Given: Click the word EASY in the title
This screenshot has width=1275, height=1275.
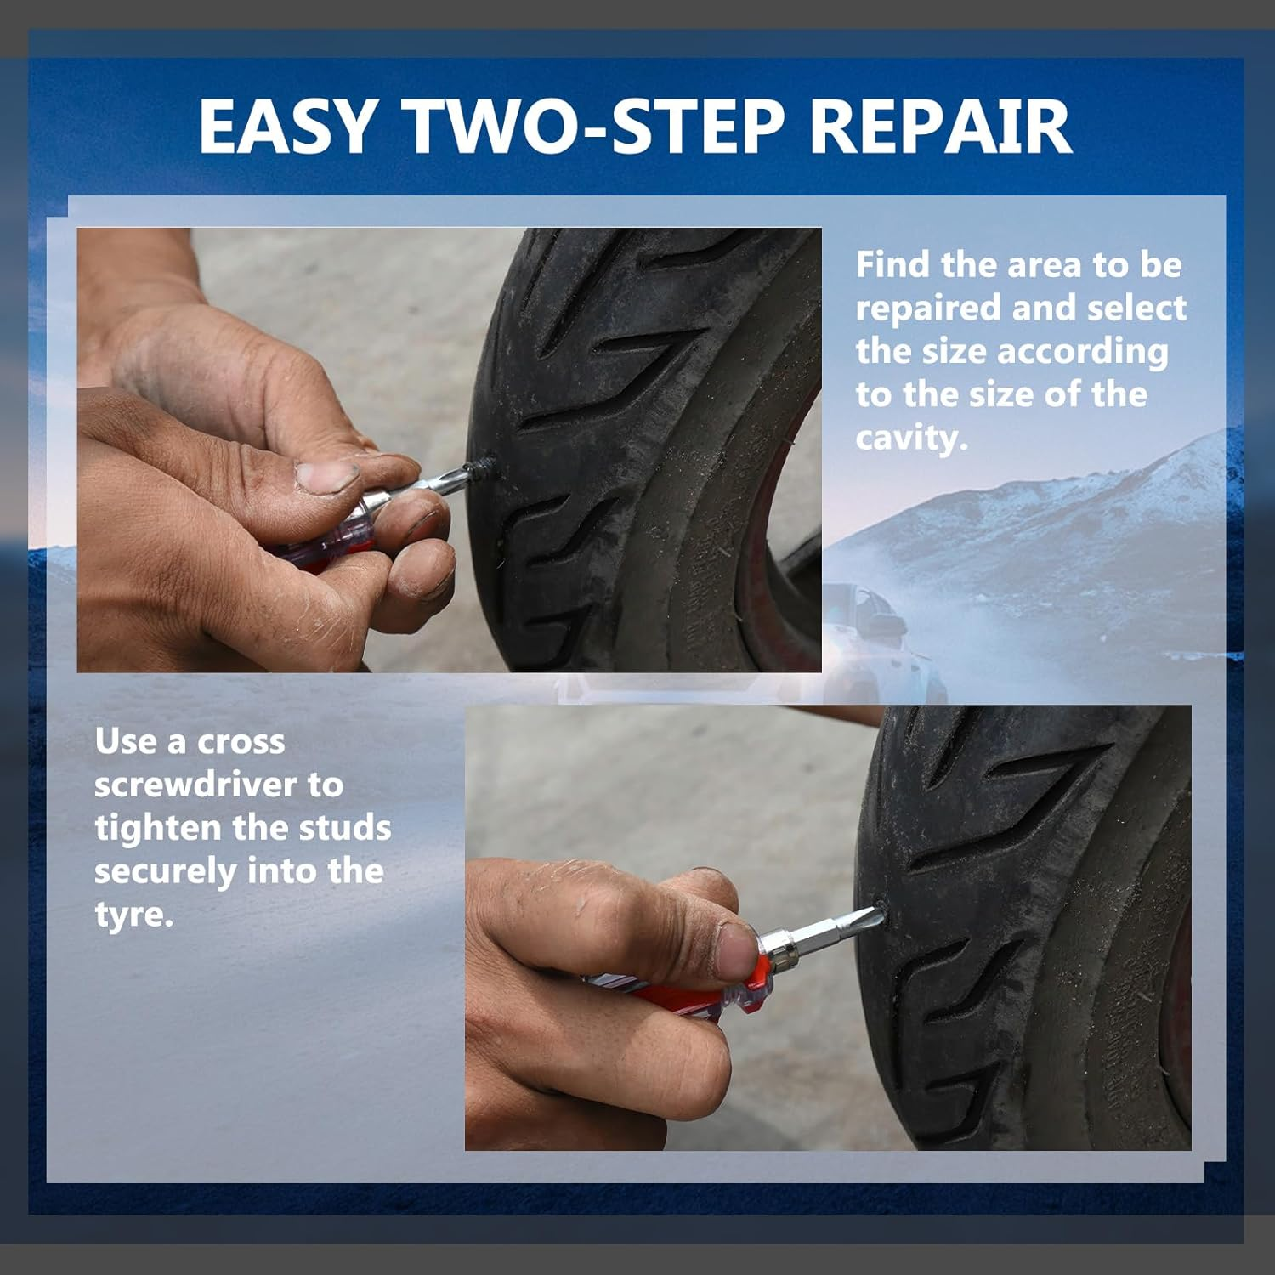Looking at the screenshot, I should click(x=288, y=127).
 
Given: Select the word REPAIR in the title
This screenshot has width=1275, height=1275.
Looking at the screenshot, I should click(x=940, y=127).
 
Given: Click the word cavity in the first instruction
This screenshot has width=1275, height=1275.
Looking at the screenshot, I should click(x=909, y=438).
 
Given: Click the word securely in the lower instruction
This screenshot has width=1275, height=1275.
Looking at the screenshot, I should click(x=165, y=871).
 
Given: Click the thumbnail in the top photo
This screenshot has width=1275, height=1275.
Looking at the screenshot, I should click(x=326, y=475).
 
